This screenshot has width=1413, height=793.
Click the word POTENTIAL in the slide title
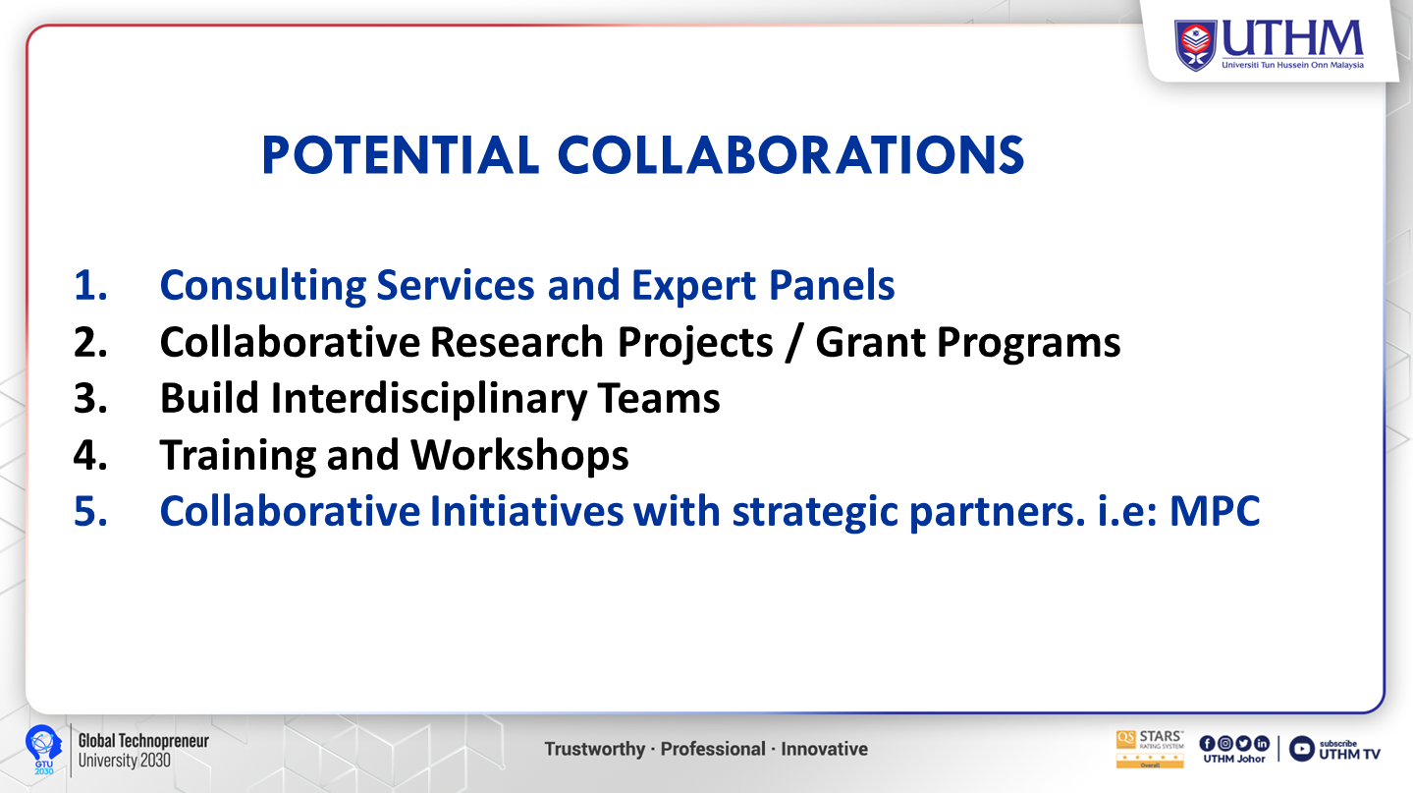tap(400, 155)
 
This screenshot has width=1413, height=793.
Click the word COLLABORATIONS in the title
tap(791, 155)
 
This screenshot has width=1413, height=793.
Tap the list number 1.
tap(90, 285)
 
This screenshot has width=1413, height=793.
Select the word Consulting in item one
tap(263, 286)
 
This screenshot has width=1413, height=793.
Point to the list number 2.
tap(90, 343)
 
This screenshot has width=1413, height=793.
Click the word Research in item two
tap(516, 342)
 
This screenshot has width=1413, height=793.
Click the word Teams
tap(659, 399)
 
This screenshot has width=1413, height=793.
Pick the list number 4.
tap(90, 455)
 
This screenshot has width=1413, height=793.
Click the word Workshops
tap(519, 456)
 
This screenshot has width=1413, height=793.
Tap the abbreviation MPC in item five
tap(1215, 511)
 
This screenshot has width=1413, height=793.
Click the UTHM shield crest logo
tap(1195, 45)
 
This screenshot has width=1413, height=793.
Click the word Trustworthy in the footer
tap(594, 750)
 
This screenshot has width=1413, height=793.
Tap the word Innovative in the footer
tap(825, 750)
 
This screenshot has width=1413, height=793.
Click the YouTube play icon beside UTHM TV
tap(1301, 749)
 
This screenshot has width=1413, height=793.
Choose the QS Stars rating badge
tap(1150, 750)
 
